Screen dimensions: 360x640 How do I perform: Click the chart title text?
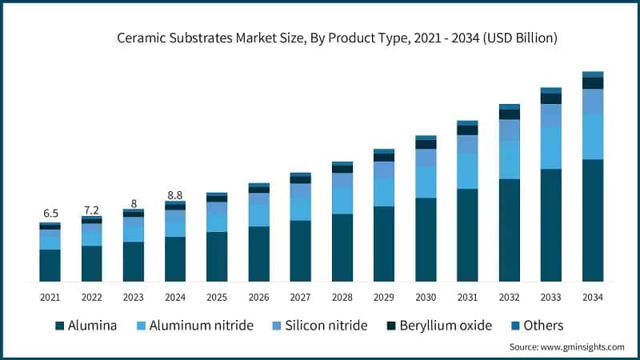point(337,38)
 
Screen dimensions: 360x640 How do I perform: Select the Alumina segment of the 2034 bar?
point(593,220)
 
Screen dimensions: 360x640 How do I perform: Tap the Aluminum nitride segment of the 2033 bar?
point(551,148)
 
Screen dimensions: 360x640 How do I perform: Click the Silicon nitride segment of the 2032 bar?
point(510,130)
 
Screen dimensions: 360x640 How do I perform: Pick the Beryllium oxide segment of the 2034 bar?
point(593,83)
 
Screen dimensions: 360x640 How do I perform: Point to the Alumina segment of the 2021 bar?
point(50,265)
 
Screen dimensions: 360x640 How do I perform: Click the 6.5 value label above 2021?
point(50,214)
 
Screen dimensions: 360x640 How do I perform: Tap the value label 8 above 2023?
point(134,202)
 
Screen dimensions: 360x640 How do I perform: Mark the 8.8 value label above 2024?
point(175,195)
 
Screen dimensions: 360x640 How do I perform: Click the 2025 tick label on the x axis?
point(217,297)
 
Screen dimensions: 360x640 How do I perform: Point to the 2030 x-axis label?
point(426,297)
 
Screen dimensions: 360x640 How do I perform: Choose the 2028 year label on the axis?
point(342,297)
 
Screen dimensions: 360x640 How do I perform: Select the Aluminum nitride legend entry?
point(195,326)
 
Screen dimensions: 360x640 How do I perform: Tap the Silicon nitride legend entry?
point(319,326)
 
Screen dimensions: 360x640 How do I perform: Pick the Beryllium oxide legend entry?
point(439,326)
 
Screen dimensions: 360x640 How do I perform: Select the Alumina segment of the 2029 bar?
point(384,244)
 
